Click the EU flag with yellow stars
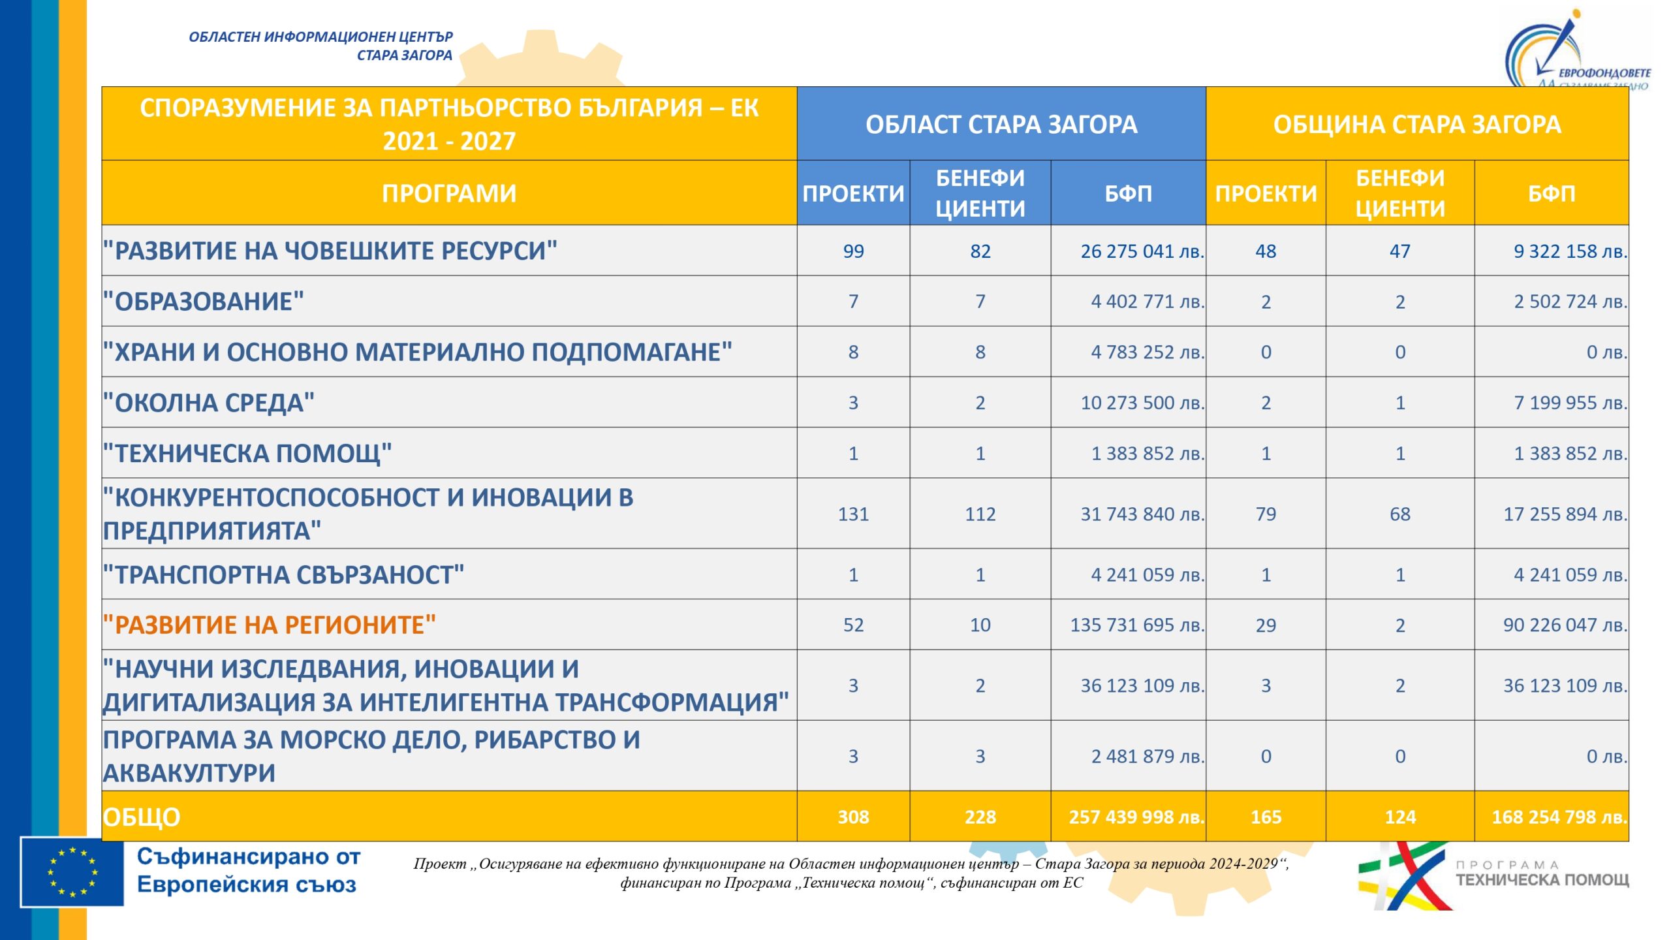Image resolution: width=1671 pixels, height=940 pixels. pos(72,871)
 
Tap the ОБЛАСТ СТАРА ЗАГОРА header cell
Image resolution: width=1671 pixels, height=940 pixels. pos(1001,124)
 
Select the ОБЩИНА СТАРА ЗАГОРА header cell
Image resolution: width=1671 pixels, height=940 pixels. pos(1416,124)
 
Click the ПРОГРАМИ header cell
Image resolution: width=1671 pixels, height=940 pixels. pos(449,193)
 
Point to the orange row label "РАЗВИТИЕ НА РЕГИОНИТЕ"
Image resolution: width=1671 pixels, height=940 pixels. pos(270,625)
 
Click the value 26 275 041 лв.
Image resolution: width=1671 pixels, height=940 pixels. pos(1142,251)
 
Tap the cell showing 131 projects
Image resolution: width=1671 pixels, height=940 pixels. pos(853,514)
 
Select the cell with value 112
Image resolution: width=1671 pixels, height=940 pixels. pos(980,514)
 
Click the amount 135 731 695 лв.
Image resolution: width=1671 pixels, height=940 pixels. pos(1136,625)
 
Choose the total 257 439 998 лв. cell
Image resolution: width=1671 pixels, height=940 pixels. pos(1136,817)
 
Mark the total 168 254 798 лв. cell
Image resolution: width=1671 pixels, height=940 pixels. pos(1559,817)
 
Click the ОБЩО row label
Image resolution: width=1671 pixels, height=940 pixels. pos(142,817)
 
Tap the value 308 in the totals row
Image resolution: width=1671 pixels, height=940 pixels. pos(853,817)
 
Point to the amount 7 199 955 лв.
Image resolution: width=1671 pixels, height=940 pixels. pos(1570,403)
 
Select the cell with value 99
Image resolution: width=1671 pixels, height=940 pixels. pos(853,251)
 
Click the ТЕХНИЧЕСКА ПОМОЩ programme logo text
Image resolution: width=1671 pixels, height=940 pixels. pos(1542,879)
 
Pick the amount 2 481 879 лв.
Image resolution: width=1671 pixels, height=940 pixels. pos(1148,756)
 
